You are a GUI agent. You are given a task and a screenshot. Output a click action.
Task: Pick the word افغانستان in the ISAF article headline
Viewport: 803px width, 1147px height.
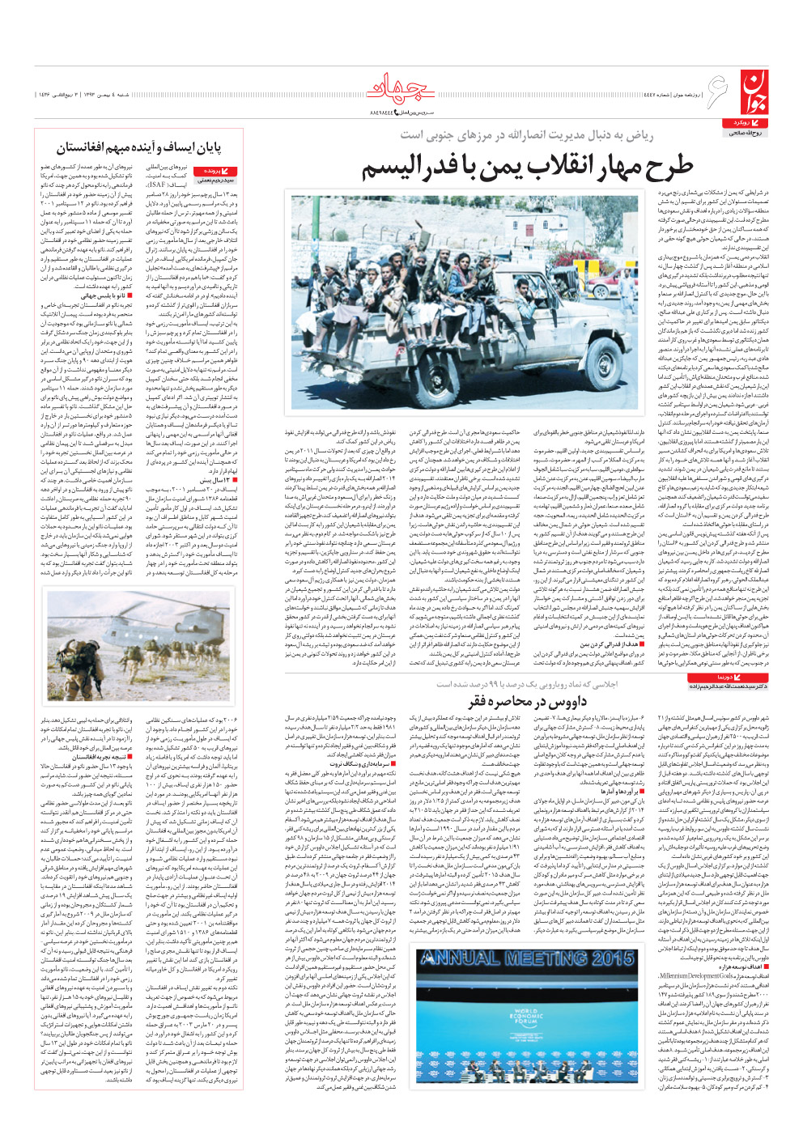coord(88,147)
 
